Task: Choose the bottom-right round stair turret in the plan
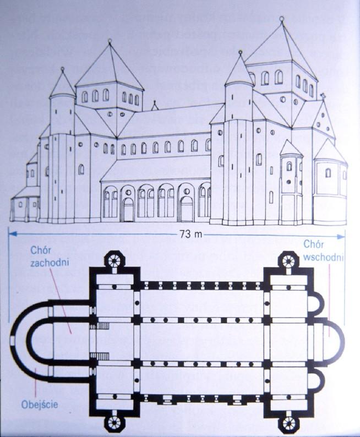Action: (288, 423)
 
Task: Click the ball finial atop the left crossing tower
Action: (110, 41)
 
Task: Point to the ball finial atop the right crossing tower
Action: (282, 19)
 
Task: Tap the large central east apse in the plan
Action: (333, 341)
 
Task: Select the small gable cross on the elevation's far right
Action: (324, 96)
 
